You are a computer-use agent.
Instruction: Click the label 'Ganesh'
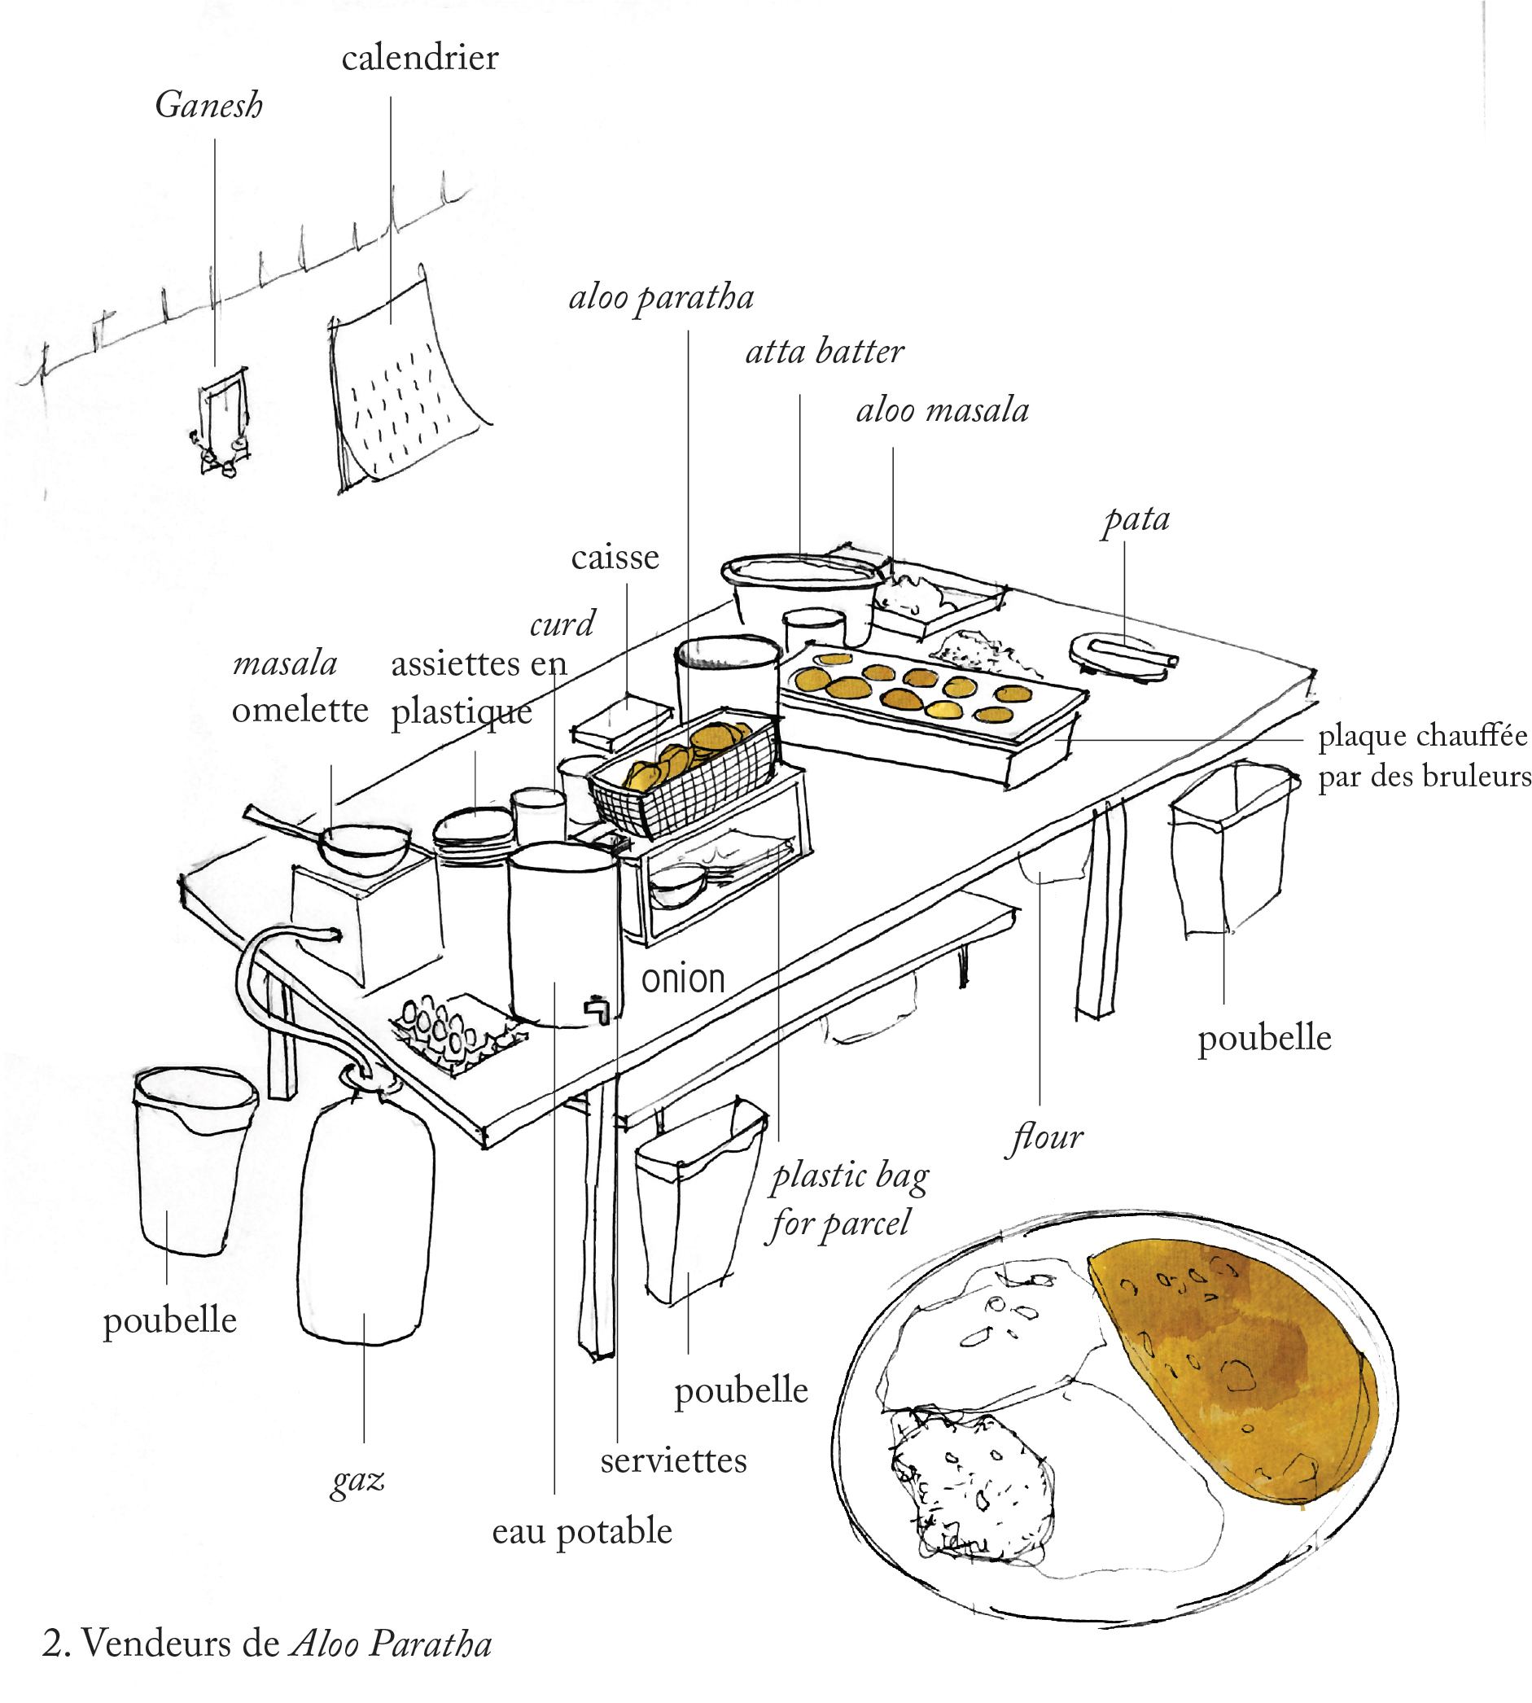coord(208,106)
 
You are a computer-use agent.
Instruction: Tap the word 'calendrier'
coord(420,58)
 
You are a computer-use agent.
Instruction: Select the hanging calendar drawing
coord(404,387)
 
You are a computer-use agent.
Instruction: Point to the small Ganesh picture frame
coord(224,421)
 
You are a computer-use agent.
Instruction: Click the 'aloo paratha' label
coord(662,298)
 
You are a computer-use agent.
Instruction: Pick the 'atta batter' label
coord(825,352)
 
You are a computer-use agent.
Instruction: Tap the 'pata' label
coord(1136,519)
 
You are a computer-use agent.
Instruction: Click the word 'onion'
coord(683,980)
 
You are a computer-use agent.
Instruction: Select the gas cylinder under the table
coord(365,1212)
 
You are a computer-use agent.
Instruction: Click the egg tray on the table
coord(455,1031)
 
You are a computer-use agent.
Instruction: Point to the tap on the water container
coord(597,1007)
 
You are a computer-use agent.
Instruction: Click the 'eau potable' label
coord(582,1530)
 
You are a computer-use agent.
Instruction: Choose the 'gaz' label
coord(357,1479)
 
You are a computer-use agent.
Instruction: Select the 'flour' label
coord(1046,1138)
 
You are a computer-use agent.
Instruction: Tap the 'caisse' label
coord(615,558)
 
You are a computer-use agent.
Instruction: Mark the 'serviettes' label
coord(673,1460)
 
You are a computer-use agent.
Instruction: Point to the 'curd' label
coord(562,624)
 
